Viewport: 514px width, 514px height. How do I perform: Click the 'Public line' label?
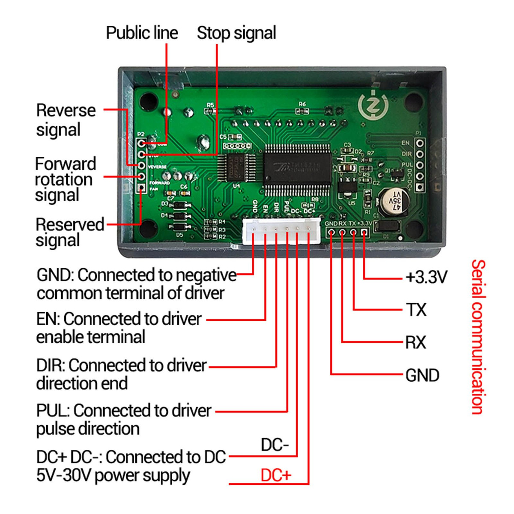[142, 33]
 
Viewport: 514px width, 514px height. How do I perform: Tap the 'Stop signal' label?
[236, 33]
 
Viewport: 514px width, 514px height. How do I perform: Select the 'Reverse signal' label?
[66, 120]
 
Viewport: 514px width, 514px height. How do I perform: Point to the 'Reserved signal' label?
[70, 232]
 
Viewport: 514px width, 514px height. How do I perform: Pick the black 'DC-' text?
[275, 445]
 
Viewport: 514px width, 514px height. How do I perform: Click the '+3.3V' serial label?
[426, 278]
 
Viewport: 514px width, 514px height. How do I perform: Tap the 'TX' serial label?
[416, 310]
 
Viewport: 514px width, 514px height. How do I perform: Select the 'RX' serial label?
[416, 342]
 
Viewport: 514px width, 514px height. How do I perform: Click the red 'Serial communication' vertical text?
[478, 337]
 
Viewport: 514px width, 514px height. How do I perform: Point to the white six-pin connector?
[281, 231]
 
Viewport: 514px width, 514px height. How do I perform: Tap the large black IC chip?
[297, 168]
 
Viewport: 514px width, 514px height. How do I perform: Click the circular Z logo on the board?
[373, 105]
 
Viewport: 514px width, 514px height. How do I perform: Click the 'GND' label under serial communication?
[422, 376]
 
